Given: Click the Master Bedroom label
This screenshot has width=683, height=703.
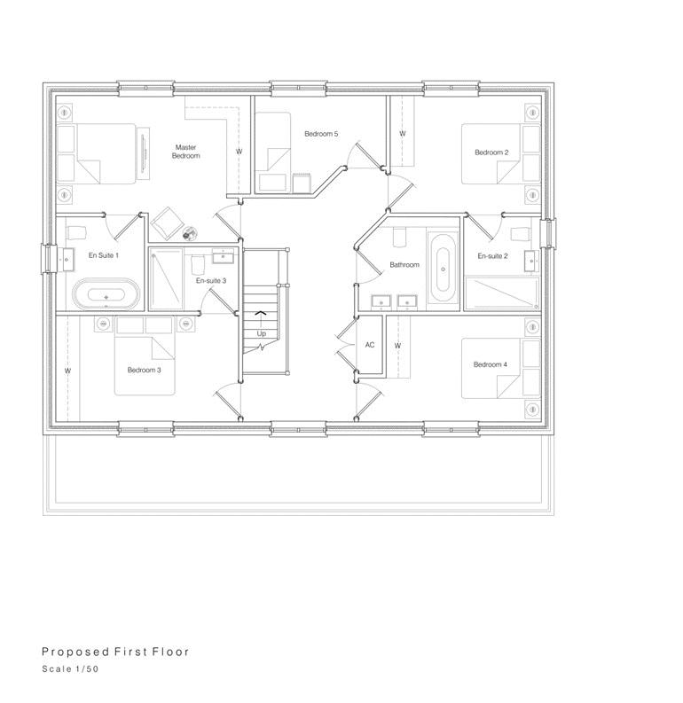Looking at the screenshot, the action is [185, 152].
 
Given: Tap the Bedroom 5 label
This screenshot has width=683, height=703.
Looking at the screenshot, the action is [321, 134].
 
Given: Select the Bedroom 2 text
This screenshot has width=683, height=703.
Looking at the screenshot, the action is [491, 152].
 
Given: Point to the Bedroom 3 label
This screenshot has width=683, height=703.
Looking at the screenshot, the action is [144, 370].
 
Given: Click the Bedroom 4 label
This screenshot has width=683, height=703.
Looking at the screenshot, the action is [491, 364].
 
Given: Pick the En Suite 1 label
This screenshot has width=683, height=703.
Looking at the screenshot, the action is [104, 255].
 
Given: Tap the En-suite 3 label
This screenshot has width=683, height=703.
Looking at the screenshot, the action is [211, 281].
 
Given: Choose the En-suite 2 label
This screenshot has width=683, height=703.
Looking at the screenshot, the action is [492, 256].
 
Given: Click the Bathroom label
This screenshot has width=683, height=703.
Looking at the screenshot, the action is [404, 264].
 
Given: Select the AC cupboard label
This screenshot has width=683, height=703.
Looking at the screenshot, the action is [370, 345].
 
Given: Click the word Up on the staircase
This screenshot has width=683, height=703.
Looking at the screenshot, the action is [262, 333].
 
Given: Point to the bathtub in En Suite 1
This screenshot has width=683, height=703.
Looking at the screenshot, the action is [106, 293].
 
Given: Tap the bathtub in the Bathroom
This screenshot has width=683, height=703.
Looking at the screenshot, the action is [443, 268].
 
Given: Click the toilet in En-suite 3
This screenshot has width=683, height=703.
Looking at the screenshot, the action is [197, 265].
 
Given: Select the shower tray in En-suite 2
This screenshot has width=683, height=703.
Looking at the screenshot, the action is [502, 293].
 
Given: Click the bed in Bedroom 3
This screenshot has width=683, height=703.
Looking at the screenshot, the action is [145, 356].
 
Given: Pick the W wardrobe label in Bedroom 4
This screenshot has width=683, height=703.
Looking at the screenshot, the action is [397, 346].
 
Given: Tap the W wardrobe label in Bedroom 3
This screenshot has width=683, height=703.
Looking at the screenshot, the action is [67, 371].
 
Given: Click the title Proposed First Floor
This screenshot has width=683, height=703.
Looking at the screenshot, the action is [115, 652].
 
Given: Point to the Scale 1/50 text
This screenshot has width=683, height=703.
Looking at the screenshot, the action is [70, 669].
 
